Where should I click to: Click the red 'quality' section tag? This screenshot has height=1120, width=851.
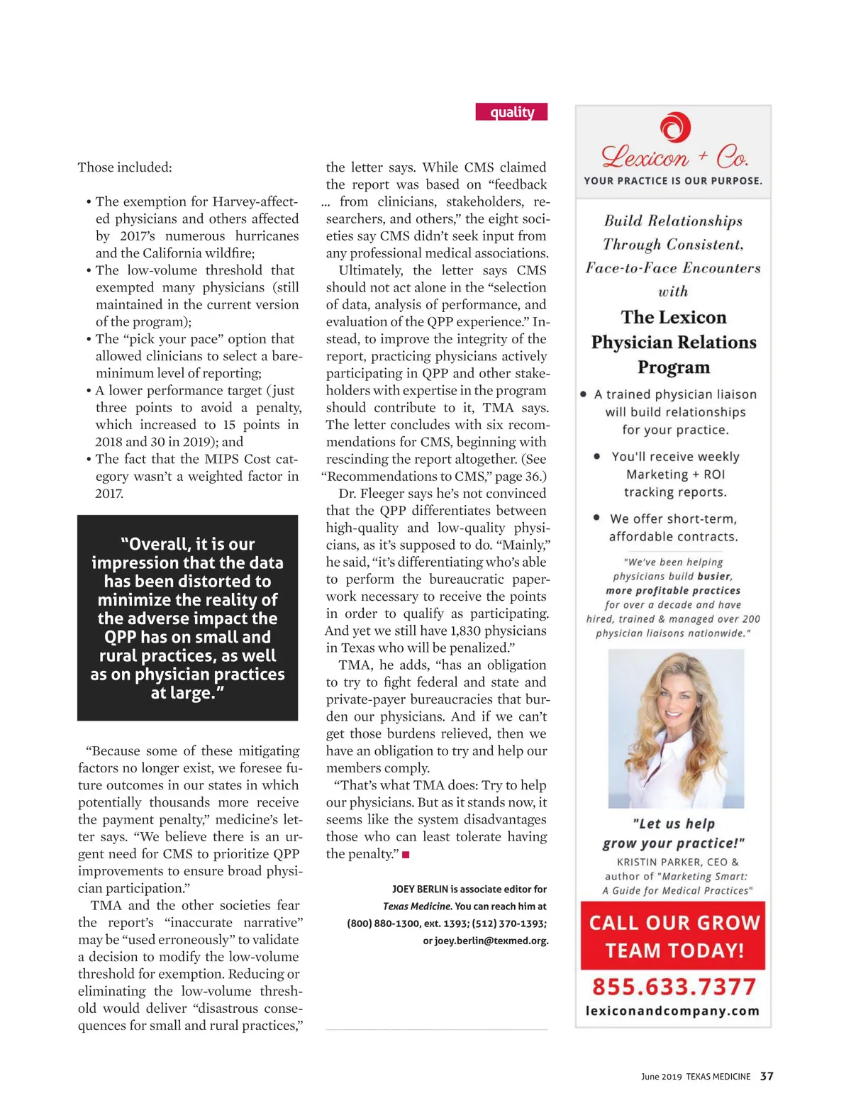click(x=511, y=112)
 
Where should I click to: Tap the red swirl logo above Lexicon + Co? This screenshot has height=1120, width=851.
click(x=674, y=128)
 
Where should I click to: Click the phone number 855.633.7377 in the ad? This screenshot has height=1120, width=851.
click(x=674, y=987)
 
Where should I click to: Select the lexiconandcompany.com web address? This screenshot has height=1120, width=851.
click(x=672, y=1011)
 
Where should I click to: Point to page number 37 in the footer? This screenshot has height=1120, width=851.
click(x=767, y=1076)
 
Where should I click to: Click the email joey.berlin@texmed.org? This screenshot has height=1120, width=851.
click(x=486, y=941)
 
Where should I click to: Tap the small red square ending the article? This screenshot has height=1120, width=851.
click(x=406, y=855)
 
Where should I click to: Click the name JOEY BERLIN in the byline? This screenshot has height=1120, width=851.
click(x=420, y=889)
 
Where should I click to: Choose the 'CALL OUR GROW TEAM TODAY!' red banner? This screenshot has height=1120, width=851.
click(x=673, y=936)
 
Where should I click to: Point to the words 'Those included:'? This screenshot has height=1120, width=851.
click(x=125, y=167)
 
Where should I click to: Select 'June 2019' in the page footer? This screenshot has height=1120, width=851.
click(x=661, y=1077)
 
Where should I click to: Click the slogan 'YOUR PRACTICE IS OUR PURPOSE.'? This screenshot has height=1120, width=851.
click(x=673, y=181)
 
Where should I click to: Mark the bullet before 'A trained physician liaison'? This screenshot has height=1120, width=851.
click(x=584, y=394)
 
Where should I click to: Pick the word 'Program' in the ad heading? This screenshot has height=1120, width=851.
click(x=673, y=367)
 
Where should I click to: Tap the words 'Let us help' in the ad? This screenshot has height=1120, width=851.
click(x=673, y=824)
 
